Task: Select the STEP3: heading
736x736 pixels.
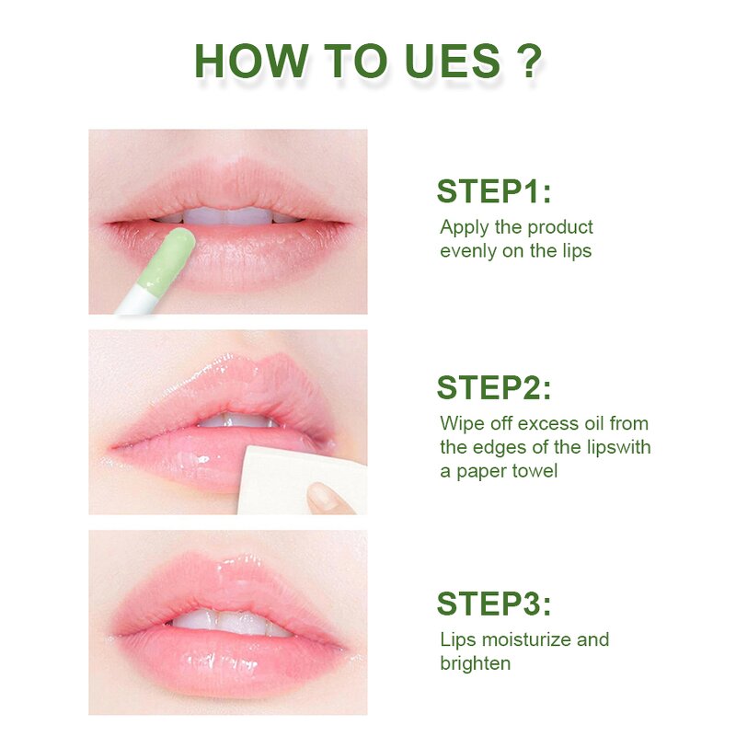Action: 493,604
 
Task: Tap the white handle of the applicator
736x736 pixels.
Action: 134,302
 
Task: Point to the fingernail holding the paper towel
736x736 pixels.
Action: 322,498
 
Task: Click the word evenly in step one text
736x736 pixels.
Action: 468,251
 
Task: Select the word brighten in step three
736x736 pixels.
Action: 475,663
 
